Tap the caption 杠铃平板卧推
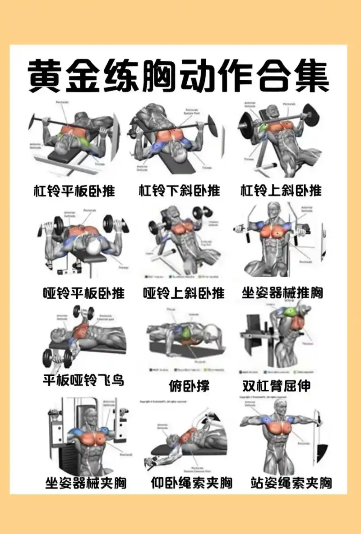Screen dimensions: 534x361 [x=74, y=191]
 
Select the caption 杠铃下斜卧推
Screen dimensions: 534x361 [x=179, y=191]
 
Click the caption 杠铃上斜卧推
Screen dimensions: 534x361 [x=281, y=191]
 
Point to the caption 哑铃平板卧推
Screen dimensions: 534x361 [x=83, y=293]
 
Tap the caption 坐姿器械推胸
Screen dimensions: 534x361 [x=282, y=293]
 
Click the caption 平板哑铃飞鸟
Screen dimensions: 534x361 [x=83, y=380]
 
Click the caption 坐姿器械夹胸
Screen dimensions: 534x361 [x=86, y=484]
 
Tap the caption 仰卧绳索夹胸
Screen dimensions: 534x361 [x=191, y=484]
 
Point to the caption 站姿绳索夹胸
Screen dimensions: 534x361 [x=291, y=484]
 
